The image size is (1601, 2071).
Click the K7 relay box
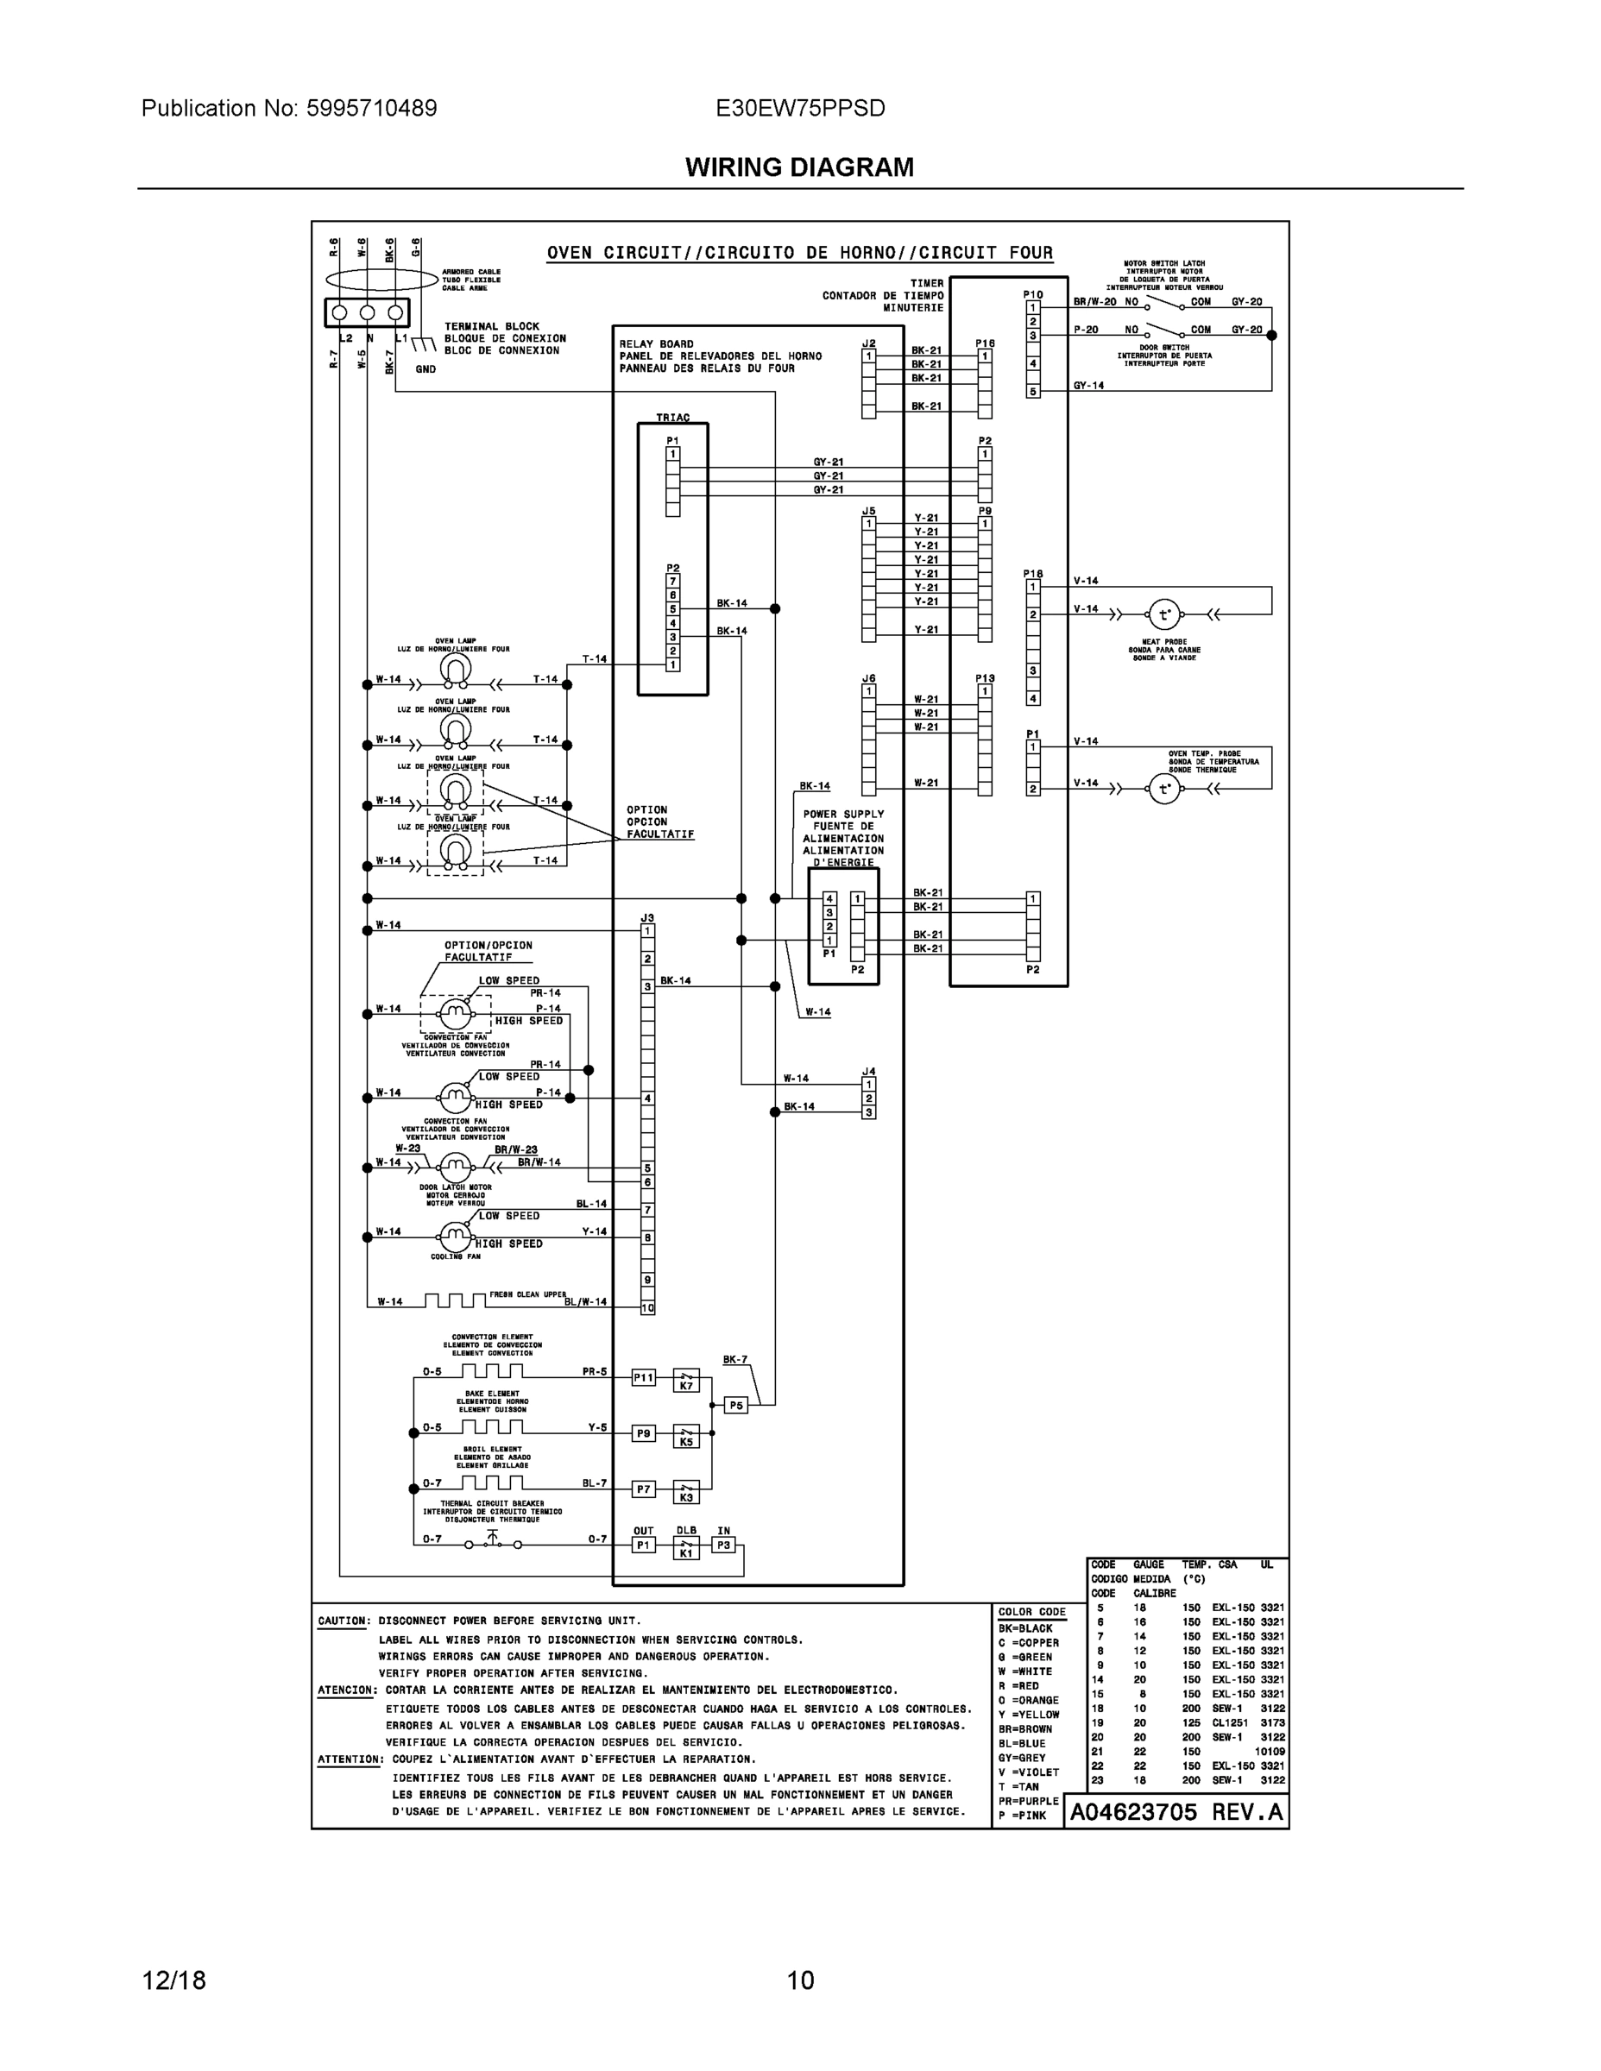(686, 1380)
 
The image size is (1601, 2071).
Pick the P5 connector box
(735, 1406)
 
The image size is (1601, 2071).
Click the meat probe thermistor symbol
(1163, 614)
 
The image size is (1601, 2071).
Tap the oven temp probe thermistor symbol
(1163, 788)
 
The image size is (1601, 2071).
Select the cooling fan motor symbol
(455, 1236)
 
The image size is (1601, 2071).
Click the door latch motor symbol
(455, 1166)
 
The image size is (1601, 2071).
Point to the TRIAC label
(672, 418)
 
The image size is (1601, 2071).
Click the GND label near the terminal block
(425, 368)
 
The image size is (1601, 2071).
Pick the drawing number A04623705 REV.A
(1176, 1813)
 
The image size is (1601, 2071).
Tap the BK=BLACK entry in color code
(1024, 1628)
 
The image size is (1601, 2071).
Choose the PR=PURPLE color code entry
(1027, 1801)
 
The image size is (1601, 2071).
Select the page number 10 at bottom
(799, 1980)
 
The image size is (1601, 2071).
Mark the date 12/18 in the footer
(173, 1980)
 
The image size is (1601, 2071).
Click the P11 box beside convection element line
(643, 1378)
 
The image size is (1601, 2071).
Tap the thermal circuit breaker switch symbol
(491, 1542)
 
